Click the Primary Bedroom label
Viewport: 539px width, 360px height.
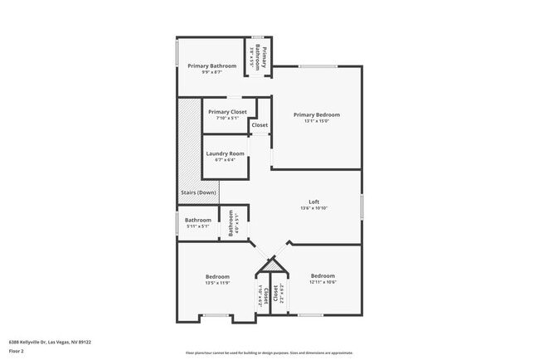pyautogui.click(x=317, y=114)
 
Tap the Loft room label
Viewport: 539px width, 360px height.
pyautogui.click(x=314, y=202)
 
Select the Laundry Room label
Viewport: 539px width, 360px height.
pyautogui.click(x=226, y=153)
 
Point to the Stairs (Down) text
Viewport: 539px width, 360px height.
pyautogui.click(x=198, y=192)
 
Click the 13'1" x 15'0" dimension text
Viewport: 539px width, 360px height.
pyautogui.click(x=317, y=121)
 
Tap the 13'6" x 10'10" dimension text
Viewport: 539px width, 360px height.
pyautogui.click(x=314, y=208)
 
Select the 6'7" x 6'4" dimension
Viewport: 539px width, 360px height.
pyautogui.click(x=226, y=160)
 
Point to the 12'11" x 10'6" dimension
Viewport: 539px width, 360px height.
pyautogui.click(x=323, y=282)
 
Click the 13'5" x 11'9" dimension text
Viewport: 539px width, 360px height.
pyautogui.click(x=217, y=283)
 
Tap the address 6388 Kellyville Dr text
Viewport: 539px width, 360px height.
pyautogui.click(x=50, y=341)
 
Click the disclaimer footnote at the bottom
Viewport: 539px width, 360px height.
pyautogui.click(x=269, y=353)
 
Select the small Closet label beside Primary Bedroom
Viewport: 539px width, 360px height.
pyautogui.click(x=260, y=125)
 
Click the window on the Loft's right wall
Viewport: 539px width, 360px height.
pyautogui.click(x=362, y=206)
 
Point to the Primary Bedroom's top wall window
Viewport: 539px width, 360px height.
pyautogui.click(x=318, y=66)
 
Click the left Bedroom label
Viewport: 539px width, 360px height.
pyautogui.click(x=217, y=276)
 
